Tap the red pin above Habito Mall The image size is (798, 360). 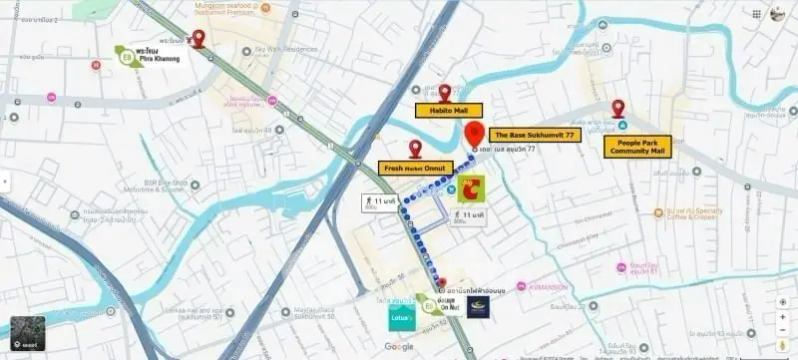[x=445, y=92]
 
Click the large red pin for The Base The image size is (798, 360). [x=477, y=134]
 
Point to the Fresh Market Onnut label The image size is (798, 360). [x=414, y=168]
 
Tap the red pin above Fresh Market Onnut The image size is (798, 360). [x=415, y=148]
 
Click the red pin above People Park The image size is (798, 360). [x=618, y=108]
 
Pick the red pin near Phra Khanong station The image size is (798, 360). [x=198, y=38]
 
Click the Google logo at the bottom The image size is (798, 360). [x=399, y=346]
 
